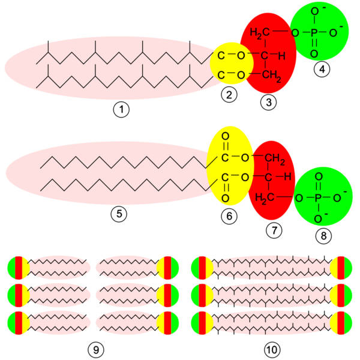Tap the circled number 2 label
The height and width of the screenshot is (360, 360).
(229, 94)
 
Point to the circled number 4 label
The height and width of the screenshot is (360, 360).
(323, 69)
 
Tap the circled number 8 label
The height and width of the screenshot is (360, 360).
(325, 236)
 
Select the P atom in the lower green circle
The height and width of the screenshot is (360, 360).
(319, 196)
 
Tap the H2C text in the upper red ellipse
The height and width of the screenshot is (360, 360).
(259, 32)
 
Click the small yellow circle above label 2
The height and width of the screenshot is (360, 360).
(231, 65)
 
